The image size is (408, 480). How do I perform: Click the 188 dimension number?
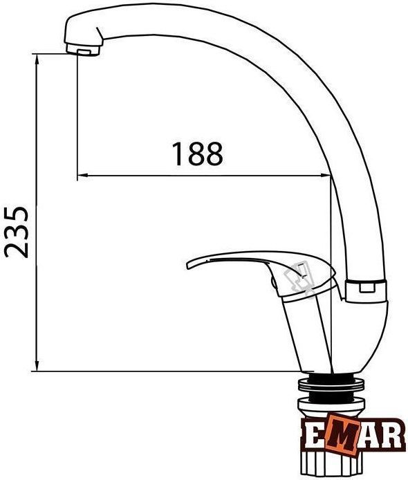pyautogui.click(x=197, y=154)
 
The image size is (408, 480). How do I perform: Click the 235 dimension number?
pyautogui.click(x=16, y=232)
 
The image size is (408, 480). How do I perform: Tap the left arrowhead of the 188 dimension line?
pyautogui.click(x=83, y=176)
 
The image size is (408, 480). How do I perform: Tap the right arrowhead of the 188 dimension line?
pyautogui.click(x=325, y=176)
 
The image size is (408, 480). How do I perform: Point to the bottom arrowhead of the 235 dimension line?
pyautogui.click(x=37, y=366)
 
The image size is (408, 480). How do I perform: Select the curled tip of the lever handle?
pyautogui.click(x=190, y=264)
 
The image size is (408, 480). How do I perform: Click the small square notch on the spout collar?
pyautogui.click(x=367, y=288)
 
